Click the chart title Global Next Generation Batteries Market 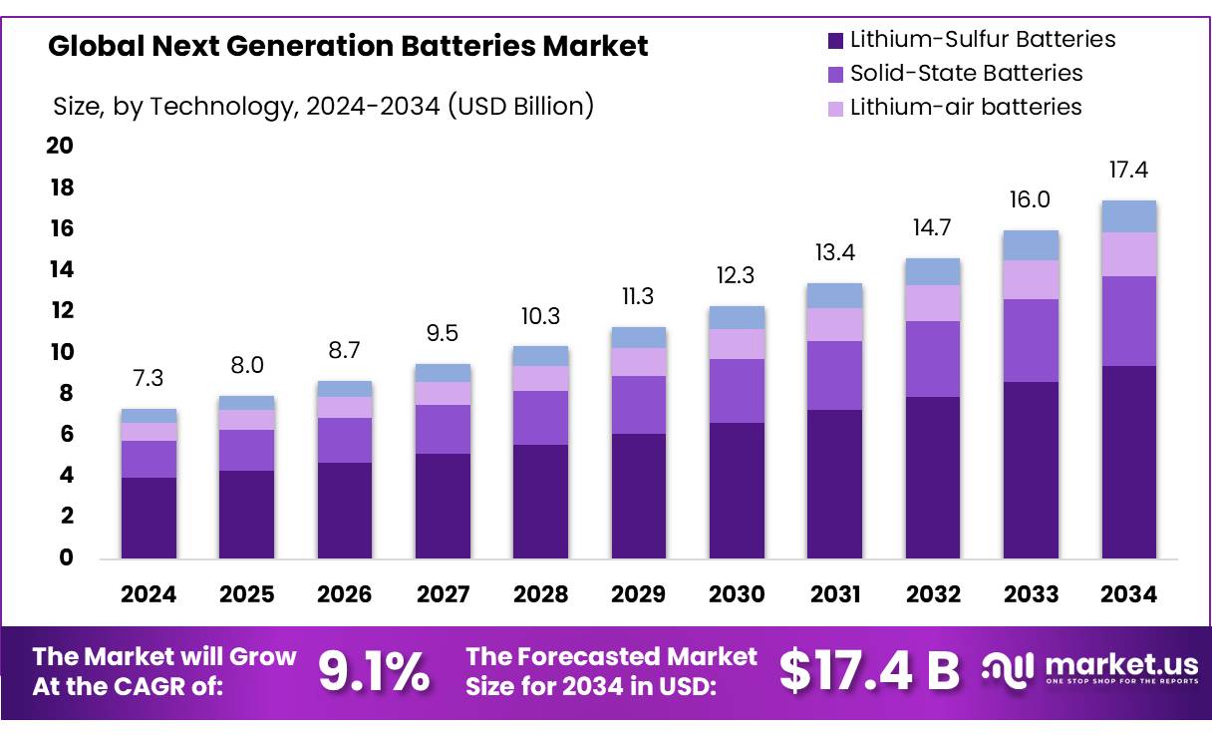point(348,46)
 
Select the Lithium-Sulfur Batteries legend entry point(982,40)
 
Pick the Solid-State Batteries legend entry point(965,73)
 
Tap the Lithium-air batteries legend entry point(965,107)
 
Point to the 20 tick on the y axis point(60,147)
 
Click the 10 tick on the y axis point(60,352)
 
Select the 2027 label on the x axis point(443,595)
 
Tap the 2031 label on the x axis point(835,595)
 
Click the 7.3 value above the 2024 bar point(149,378)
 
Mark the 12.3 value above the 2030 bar point(737,275)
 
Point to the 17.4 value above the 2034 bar point(1128,171)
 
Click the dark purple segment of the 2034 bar point(1128,462)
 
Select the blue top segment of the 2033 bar point(1031,245)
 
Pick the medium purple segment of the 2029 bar point(639,405)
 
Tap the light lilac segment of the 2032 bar point(933,303)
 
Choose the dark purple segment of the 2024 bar point(149,518)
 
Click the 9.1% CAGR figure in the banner point(374,672)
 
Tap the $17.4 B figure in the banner point(869,670)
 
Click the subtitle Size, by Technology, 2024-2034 point(322,106)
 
